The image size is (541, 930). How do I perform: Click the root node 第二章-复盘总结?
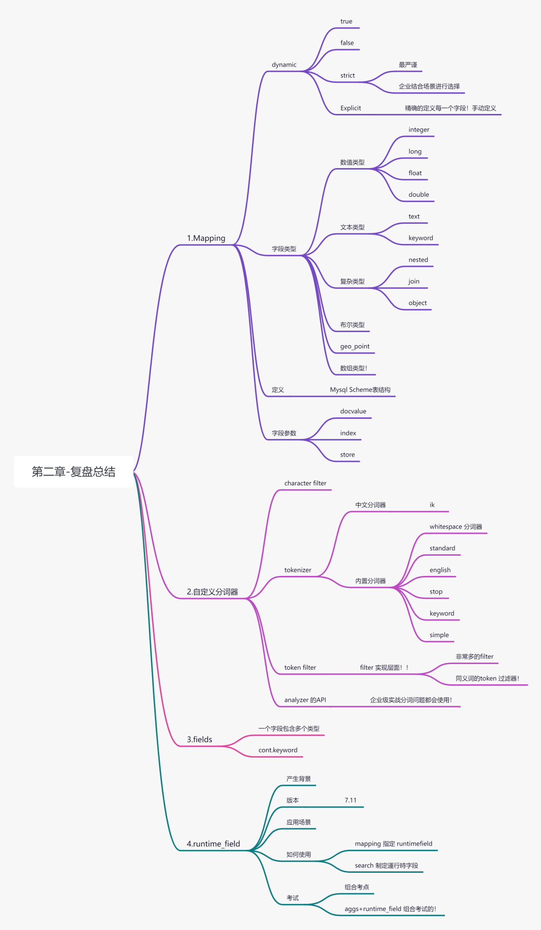click(x=74, y=472)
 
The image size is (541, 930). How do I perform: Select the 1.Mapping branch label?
click(x=206, y=238)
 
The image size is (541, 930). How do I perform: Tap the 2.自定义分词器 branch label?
click(x=212, y=592)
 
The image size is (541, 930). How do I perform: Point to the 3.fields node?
click(x=199, y=739)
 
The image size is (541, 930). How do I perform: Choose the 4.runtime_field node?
click(x=213, y=844)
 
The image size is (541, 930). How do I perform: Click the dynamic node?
click(x=284, y=65)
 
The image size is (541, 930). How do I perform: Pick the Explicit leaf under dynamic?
click(x=351, y=108)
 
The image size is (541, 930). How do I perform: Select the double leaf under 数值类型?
click(x=419, y=195)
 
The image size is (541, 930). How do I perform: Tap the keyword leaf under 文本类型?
click(x=421, y=238)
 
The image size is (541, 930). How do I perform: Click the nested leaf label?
click(x=418, y=260)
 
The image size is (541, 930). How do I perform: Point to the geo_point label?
click(x=355, y=347)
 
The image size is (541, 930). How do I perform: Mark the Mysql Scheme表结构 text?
click(x=360, y=390)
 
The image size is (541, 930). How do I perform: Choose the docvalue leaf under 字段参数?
click(x=353, y=411)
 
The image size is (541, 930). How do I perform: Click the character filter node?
click(x=305, y=484)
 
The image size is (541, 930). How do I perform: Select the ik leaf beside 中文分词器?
click(x=432, y=505)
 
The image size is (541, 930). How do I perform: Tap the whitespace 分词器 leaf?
click(x=456, y=527)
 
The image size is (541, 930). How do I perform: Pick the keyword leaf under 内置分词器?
click(x=442, y=613)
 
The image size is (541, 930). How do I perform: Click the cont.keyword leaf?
click(x=278, y=750)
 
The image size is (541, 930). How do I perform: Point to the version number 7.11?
click(x=351, y=801)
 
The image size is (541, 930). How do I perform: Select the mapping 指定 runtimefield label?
click(x=394, y=844)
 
